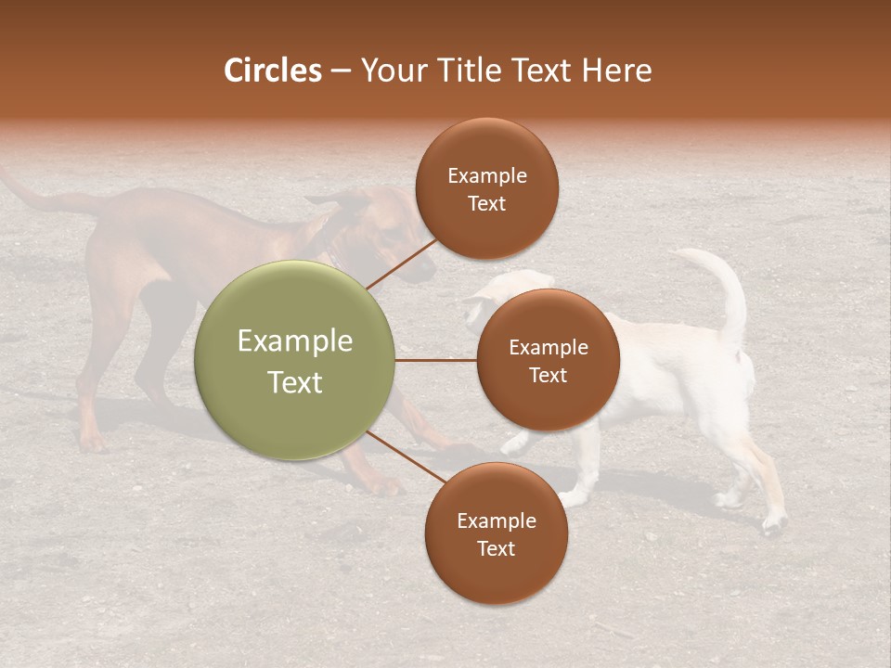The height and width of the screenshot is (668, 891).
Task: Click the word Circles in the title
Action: coord(272,71)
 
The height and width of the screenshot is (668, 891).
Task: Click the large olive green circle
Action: coord(294,360)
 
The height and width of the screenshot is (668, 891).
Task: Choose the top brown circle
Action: coord(486,188)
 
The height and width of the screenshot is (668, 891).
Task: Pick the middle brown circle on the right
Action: coord(548,360)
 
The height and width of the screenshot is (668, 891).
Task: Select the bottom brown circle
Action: coord(496,533)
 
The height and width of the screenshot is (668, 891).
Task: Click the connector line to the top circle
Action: coord(401,263)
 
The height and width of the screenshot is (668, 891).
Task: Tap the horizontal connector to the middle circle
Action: coord(435,360)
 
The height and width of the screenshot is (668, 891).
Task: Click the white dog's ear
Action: coord(483,297)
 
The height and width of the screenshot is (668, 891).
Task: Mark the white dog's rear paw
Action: coord(772,525)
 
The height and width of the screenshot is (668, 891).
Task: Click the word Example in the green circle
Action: coord(294,341)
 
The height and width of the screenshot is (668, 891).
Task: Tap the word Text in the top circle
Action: coord(486,203)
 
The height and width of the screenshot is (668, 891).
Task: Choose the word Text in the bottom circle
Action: coord(496,548)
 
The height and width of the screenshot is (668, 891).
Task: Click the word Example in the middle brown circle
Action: coord(548,347)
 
